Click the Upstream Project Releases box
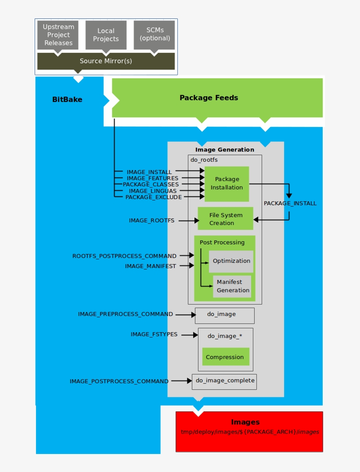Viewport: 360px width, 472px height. [58, 35]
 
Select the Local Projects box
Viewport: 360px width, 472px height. [106, 35]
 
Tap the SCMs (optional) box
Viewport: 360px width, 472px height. [154, 34]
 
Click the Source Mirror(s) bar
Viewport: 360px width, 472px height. [106, 61]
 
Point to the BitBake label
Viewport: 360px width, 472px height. [67, 99]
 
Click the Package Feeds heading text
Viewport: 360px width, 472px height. [209, 98]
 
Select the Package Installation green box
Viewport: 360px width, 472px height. [227, 183]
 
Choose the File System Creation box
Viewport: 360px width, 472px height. [225, 218]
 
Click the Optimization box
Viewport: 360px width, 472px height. [231, 261]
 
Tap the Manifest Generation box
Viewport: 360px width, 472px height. [232, 286]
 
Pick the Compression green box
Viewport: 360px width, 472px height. [225, 357]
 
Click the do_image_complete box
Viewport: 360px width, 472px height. [224, 381]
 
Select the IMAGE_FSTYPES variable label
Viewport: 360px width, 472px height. [154, 334]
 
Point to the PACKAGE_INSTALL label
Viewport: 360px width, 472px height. [290, 203]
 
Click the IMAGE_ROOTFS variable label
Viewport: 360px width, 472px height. [151, 221]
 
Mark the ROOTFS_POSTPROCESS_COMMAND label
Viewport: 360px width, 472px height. [124, 256]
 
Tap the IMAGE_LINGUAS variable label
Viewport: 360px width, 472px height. [152, 191]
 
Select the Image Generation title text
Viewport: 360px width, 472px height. [224, 149]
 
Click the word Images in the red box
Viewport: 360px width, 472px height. [245, 422]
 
